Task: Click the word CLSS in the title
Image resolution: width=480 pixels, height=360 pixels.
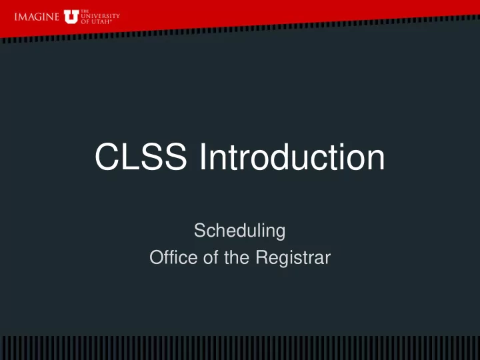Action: [x=141, y=157]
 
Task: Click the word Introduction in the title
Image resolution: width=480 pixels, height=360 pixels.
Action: [x=292, y=157]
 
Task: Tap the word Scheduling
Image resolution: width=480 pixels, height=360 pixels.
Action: [x=240, y=231]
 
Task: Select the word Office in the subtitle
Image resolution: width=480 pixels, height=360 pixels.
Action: [x=173, y=257]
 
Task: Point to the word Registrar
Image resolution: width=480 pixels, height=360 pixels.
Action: [x=293, y=258]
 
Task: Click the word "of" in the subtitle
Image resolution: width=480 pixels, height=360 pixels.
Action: [x=211, y=257]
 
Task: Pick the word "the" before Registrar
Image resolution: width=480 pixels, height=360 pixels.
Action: [x=236, y=257]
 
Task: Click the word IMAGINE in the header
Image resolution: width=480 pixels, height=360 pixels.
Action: [x=37, y=17]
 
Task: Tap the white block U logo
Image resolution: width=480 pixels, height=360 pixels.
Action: [x=71, y=17]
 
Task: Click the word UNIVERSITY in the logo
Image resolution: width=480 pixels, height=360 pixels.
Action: [x=101, y=16]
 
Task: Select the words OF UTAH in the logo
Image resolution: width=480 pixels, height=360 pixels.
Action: [x=96, y=22]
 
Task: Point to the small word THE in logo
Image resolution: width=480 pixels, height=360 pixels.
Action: [x=85, y=11]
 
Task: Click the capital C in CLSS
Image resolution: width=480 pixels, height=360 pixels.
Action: [x=107, y=157]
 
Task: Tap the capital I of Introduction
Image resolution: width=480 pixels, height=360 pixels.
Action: [x=203, y=157]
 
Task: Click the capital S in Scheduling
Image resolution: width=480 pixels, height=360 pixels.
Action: [x=200, y=231]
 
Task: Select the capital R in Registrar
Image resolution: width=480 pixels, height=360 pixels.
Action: [x=263, y=257]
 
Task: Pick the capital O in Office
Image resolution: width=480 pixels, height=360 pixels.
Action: [x=157, y=257]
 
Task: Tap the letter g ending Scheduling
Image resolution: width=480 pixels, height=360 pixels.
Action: [x=280, y=233]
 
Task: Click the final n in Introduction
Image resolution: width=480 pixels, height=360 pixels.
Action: [x=376, y=160]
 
